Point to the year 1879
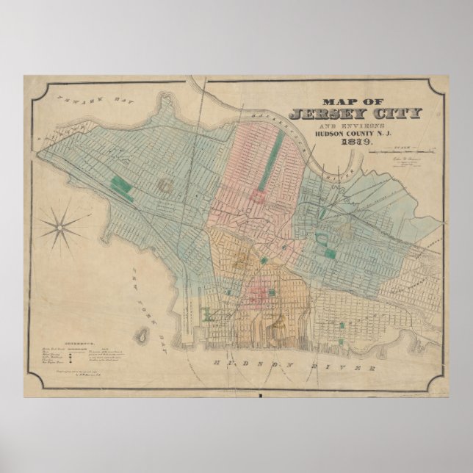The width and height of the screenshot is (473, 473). [x=355, y=142]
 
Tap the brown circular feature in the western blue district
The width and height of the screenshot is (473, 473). [x=166, y=187]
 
